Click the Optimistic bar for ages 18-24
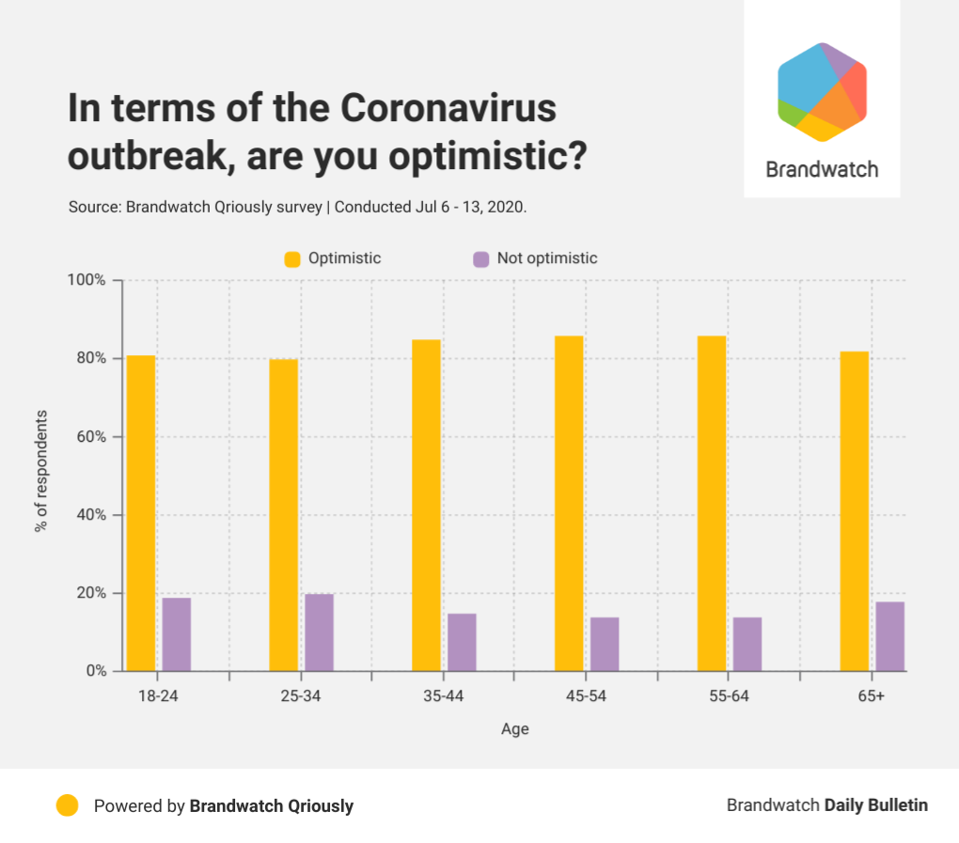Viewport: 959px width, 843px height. coord(141,513)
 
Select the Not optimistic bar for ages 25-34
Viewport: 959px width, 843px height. coord(320,632)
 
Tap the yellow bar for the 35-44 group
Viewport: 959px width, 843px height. coord(426,505)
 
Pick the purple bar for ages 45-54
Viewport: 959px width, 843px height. coord(605,645)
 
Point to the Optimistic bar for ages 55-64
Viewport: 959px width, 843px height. coord(712,503)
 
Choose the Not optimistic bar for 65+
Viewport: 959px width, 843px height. coord(889,636)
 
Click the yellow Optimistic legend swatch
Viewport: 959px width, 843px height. coord(292,259)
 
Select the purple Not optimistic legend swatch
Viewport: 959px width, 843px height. coord(481,259)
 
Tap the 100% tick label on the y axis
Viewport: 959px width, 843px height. coord(86,280)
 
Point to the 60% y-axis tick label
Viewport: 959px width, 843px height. coord(91,437)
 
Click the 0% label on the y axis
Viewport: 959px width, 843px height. coord(96,671)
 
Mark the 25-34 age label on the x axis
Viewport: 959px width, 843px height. coord(300,696)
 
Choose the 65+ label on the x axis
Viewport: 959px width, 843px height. coord(871,696)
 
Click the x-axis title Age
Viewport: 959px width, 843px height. coord(515,729)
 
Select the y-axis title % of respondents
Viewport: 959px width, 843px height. coord(41,471)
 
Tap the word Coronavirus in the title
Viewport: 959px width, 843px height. coord(448,108)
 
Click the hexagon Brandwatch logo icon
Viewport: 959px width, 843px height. coord(822,92)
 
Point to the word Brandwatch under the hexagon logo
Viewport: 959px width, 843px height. coord(822,169)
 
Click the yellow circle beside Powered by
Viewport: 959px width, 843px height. coord(68,805)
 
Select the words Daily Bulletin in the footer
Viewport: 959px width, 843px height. coord(876,805)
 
